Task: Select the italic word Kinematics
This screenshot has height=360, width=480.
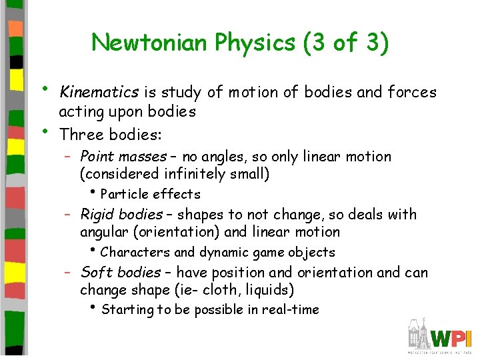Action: point(99,92)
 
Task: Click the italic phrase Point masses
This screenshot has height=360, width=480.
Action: point(123,157)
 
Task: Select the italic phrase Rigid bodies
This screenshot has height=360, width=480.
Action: point(121,215)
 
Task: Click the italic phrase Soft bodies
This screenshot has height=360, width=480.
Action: point(120,273)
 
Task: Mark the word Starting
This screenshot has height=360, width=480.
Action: point(127,310)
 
